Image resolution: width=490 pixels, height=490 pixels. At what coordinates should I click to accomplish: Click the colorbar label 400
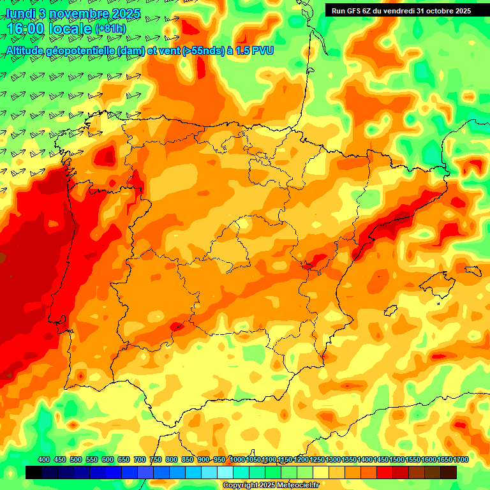[44, 459]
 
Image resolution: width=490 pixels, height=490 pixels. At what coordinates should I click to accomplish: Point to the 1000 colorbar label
[237, 459]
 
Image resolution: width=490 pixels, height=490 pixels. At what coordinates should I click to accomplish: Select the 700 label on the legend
[140, 459]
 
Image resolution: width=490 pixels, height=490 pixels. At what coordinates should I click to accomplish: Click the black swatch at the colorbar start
[34, 472]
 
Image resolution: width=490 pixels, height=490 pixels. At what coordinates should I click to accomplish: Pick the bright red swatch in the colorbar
[385, 472]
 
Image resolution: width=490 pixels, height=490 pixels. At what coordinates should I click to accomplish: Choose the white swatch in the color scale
[225, 472]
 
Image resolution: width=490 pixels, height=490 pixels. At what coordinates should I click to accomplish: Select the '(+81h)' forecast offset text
[110, 29]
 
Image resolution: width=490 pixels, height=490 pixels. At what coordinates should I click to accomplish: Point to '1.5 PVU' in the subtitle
[255, 50]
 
